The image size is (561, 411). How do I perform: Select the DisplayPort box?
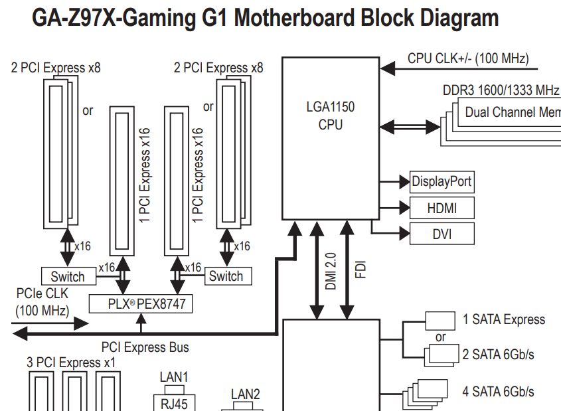pos(441,181)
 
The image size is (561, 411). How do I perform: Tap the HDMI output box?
pos(441,208)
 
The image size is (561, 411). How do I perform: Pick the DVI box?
pos(441,233)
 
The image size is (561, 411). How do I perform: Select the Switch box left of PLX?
pos(68,276)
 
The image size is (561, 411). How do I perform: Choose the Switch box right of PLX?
pos(226,276)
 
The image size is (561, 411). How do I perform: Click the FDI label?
pos(361,268)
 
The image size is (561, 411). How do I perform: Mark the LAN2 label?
pos(245,394)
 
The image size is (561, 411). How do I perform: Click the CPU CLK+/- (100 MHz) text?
pos(468,58)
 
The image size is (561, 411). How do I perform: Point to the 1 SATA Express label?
pos(504,320)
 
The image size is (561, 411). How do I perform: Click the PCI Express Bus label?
pos(145,347)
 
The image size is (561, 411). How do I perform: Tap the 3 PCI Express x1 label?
pos(71,363)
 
